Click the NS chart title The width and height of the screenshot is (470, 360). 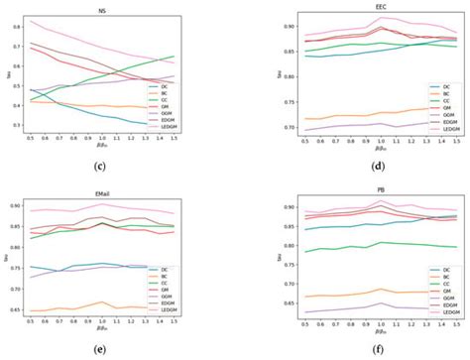coord(102,11)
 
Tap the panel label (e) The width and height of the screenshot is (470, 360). coord(101,349)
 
